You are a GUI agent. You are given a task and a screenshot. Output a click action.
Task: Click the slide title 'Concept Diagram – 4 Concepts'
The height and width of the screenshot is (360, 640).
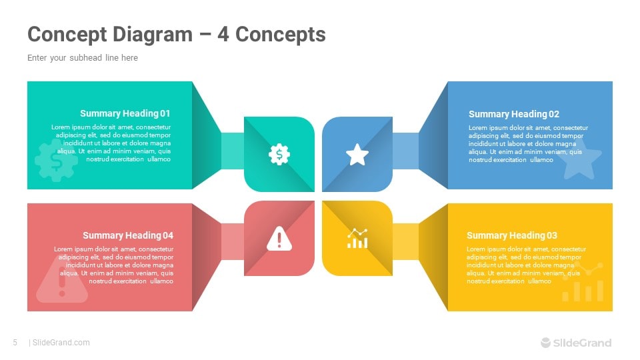177,34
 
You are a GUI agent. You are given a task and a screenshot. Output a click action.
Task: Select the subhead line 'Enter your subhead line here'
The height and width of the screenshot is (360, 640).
83,58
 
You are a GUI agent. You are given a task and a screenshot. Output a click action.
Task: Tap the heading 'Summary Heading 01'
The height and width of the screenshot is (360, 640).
125,113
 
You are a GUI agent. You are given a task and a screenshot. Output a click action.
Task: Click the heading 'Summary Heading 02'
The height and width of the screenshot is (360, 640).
514,114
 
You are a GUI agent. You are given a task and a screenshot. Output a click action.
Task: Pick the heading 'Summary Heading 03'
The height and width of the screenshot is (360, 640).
512,235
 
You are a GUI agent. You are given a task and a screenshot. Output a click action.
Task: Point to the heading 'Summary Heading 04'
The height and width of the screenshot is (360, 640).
128,235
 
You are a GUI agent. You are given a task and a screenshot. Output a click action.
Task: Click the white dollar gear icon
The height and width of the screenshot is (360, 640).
279,155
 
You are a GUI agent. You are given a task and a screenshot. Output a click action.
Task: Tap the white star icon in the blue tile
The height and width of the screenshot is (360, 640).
357,155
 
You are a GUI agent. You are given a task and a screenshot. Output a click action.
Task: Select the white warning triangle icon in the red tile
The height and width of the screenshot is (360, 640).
279,238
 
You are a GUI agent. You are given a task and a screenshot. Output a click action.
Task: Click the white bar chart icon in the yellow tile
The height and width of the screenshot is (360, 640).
357,238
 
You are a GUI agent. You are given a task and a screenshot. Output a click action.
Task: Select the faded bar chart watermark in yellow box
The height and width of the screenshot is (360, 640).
583,283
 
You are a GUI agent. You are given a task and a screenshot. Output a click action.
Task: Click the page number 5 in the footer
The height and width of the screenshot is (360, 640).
15,343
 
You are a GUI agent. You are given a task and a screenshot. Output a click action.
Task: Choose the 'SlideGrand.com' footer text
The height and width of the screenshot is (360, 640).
61,343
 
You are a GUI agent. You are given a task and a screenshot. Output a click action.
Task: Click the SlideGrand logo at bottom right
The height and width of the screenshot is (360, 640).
575,343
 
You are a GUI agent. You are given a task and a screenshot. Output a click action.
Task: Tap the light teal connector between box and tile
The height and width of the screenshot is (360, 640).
232,151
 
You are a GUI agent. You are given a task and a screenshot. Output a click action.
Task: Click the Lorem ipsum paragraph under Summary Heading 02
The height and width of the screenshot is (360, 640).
528,143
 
